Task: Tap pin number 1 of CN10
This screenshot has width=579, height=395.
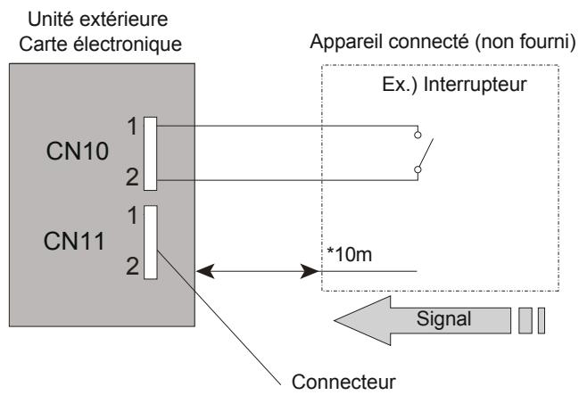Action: [x=132, y=126]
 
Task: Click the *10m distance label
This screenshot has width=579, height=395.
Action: [x=339, y=257]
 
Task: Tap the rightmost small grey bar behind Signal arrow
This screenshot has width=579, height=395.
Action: [x=540, y=318]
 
